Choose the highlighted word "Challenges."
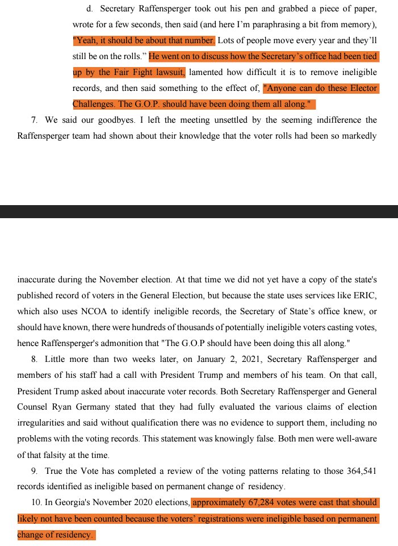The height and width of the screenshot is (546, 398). [x=94, y=105]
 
